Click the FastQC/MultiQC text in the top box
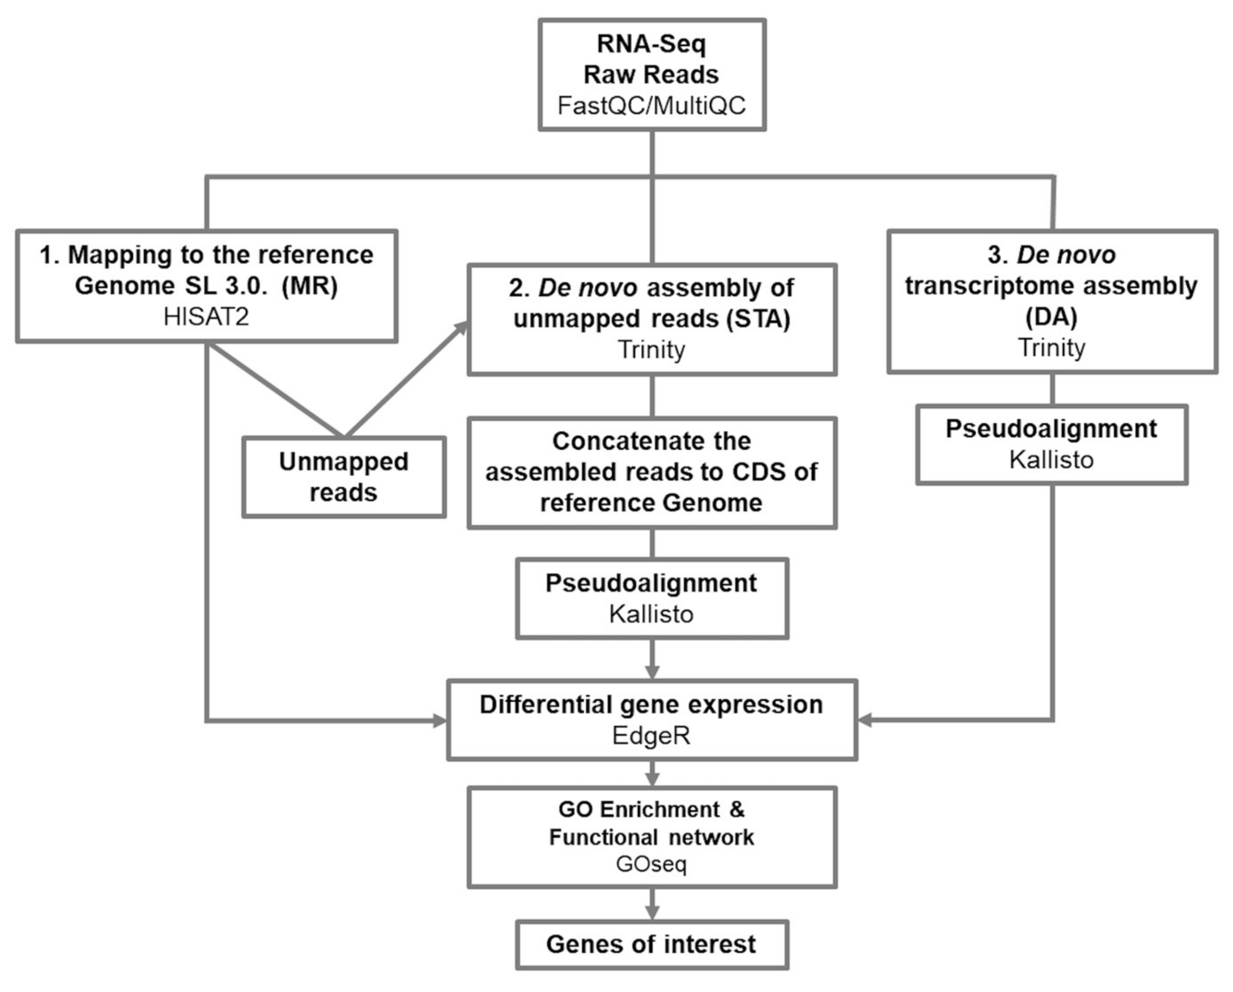652,106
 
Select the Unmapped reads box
344,477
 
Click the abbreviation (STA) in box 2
758,319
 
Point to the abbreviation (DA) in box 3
1051,317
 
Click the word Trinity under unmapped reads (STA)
652,350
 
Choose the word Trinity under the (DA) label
1051,348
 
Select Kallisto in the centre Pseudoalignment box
652,614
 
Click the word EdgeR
652,736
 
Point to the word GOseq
652,864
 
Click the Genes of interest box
652,945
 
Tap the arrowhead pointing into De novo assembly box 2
461,328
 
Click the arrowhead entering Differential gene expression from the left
440,720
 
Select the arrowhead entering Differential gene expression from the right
864,720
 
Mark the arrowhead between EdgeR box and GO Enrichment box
652,779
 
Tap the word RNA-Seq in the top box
652,44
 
